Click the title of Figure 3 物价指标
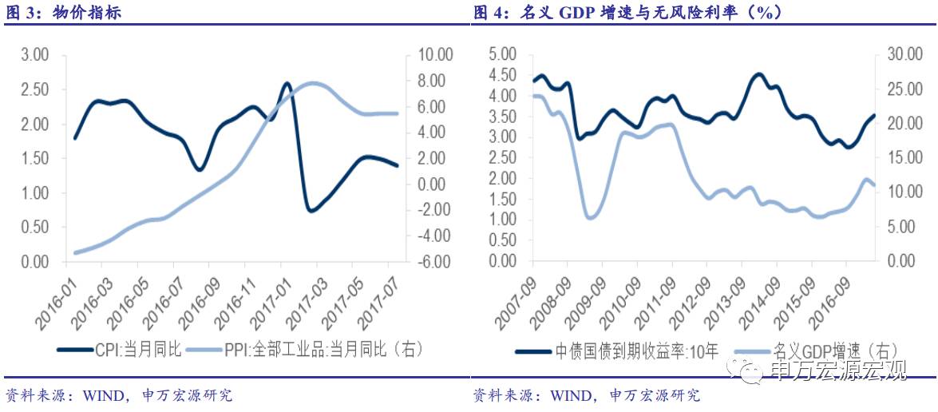point(63,13)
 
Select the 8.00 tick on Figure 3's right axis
point(436,81)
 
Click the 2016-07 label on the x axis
point(164,299)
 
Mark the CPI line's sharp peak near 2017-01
point(287,83)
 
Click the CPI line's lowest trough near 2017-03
point(311,211)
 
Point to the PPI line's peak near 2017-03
point(314,83)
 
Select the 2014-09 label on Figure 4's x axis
point(762,300)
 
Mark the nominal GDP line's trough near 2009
point(590,217)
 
